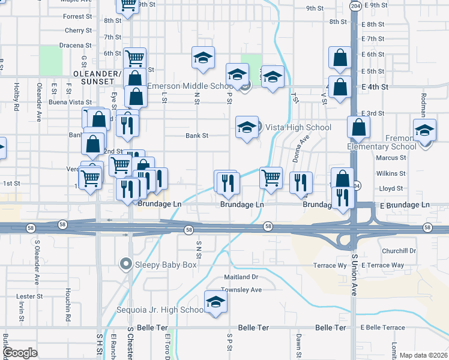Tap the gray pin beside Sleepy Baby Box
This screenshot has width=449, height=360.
125,263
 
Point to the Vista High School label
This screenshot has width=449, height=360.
297,127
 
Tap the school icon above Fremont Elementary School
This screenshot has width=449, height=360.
424,131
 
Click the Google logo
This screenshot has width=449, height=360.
20,353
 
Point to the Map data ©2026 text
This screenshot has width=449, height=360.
423,355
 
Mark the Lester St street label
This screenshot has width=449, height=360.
29,296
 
